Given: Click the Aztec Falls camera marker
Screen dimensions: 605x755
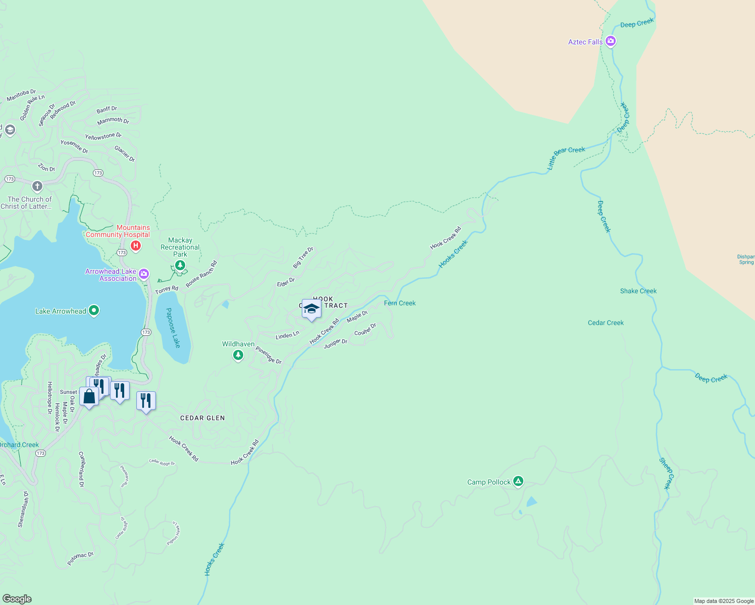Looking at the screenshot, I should pos(611,41).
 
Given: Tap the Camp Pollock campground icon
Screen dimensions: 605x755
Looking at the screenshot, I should pos(518,481).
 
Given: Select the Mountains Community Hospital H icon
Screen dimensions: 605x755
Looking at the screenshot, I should pos(135,246).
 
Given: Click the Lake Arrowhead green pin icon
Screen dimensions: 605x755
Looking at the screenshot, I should pos(93,311).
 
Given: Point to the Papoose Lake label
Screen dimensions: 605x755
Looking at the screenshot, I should pos(173,328).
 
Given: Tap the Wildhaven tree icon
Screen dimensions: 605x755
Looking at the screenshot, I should pos(238,355).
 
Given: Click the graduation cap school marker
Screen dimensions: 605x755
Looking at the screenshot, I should pos(311,309).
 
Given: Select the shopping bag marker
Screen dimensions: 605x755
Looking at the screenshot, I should pos(89,397).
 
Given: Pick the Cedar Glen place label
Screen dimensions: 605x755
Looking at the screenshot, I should pos(202,418).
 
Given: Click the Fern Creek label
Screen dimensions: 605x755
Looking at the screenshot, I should pos(400,303).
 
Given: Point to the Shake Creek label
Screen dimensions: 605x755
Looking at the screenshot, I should pos(638,291).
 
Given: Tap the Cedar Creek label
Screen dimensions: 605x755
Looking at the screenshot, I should pos(606,323).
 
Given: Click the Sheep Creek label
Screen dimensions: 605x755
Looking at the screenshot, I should pos(666,473).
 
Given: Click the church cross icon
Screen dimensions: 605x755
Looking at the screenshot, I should pos(37,187).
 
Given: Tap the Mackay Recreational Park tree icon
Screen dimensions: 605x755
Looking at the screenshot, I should pos(180,265).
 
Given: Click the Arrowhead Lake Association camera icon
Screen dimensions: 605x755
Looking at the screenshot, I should pos(144,274).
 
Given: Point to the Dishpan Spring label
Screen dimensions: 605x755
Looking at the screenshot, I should pos(746,259).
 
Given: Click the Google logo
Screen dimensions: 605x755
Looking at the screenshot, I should pos(17,599).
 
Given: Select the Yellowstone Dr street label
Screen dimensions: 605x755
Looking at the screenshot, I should pos(103,137).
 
